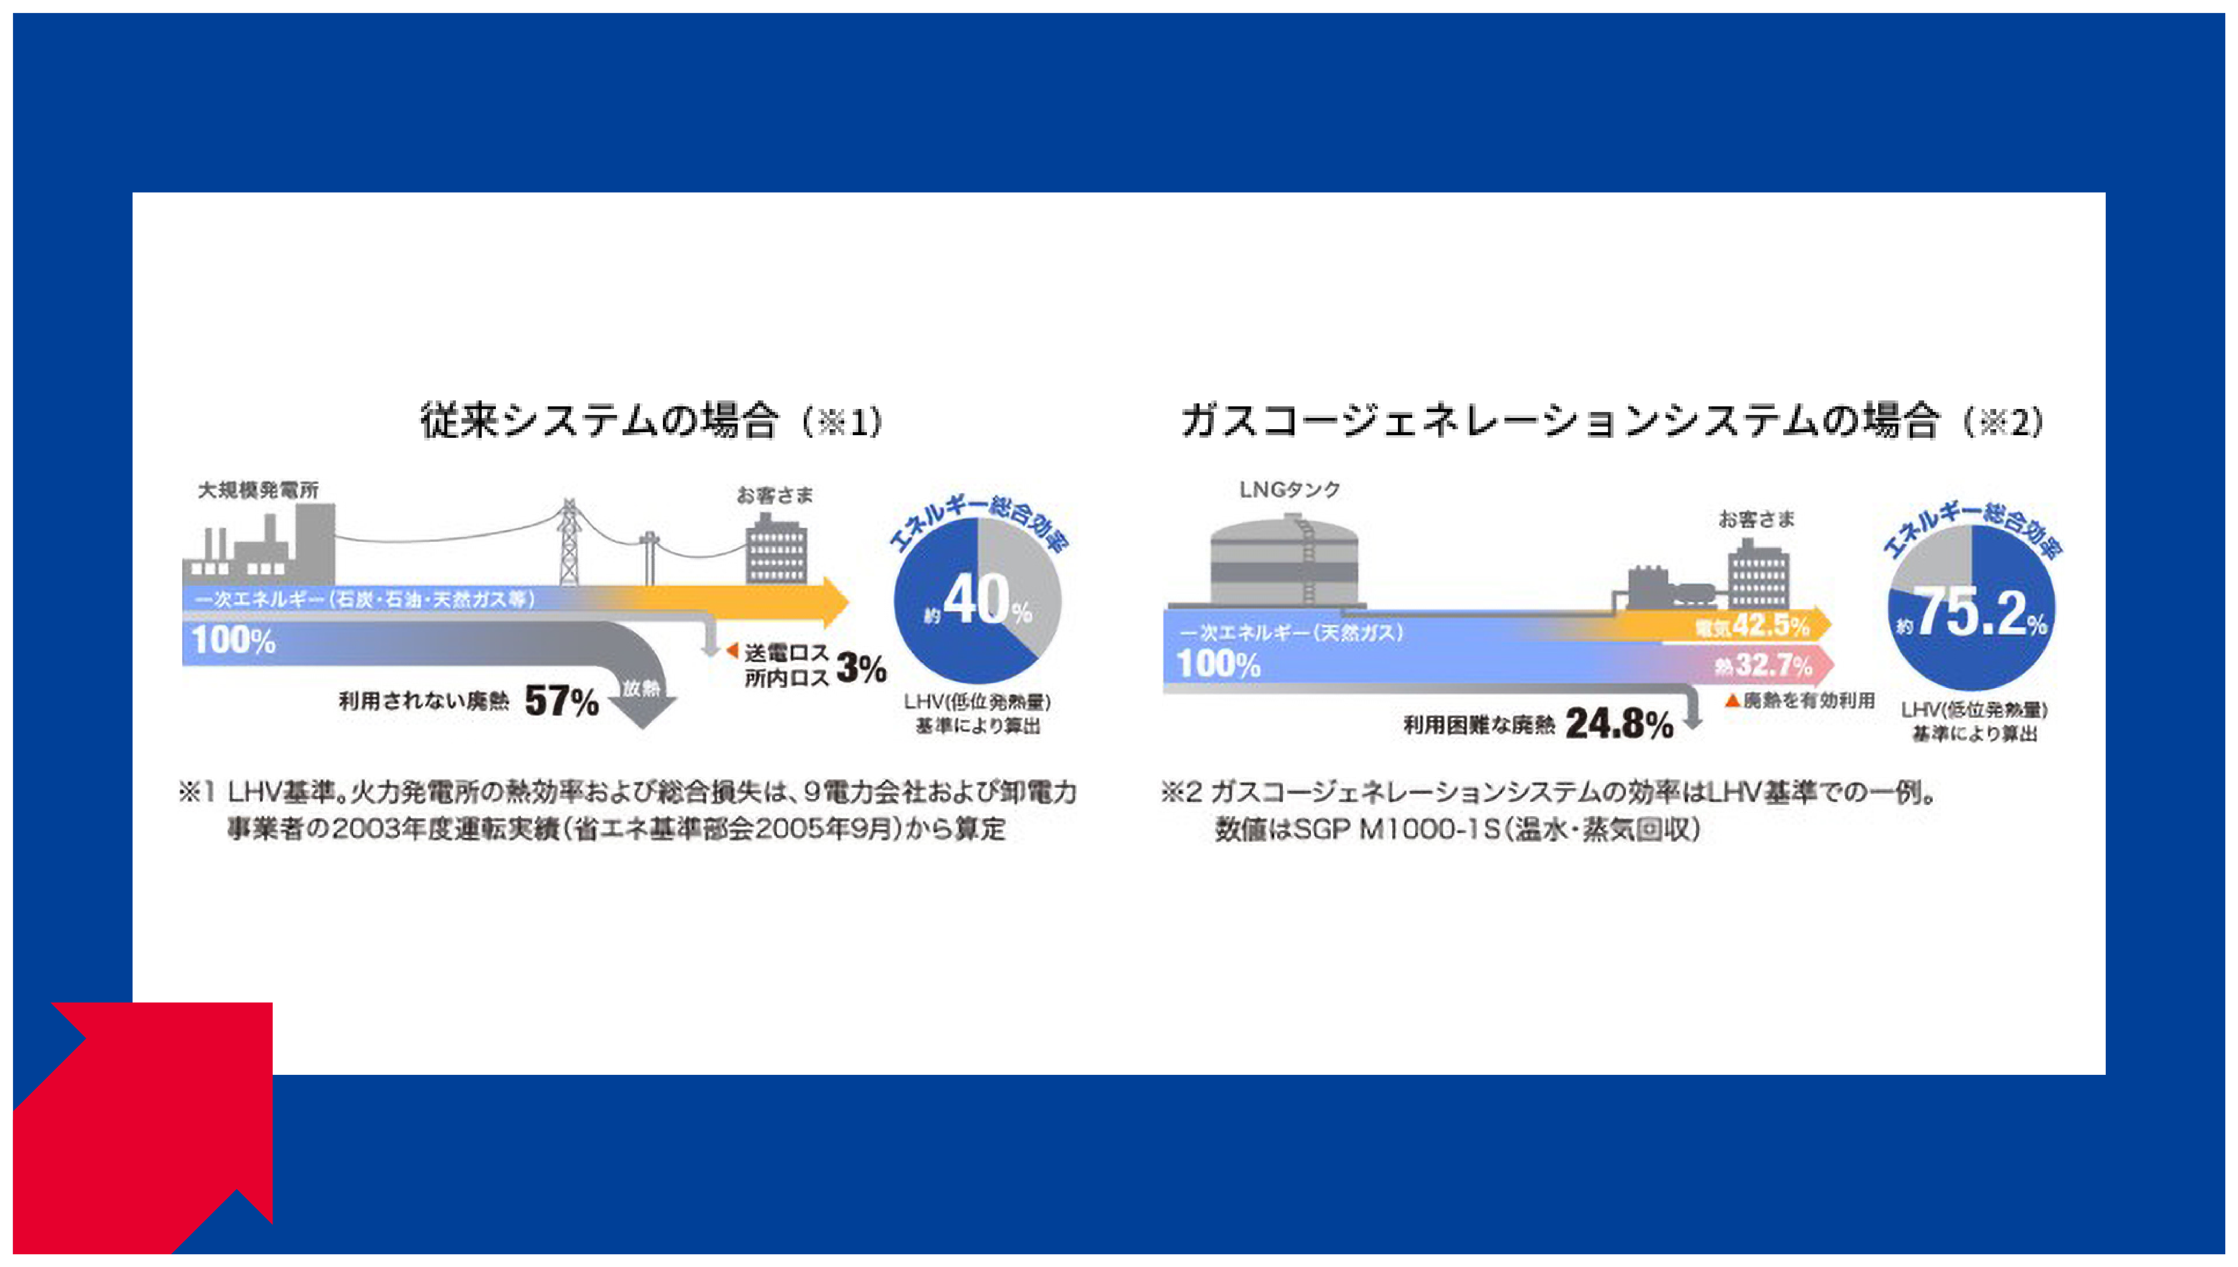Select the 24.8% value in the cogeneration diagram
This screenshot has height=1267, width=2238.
click(x=1620, y=724)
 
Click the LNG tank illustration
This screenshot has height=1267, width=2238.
click(x=1283, y=561)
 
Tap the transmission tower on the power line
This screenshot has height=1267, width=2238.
click(x=568, y=544)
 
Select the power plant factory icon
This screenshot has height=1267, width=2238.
click(x=258, y=548)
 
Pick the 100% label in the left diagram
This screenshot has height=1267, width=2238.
click(x=233, y=641)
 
